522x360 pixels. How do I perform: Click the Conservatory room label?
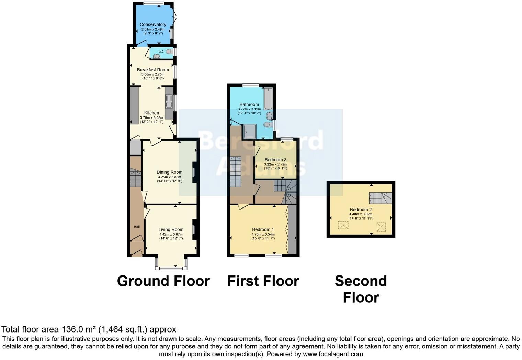coord(153,25)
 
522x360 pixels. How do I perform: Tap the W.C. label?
coord(161,52)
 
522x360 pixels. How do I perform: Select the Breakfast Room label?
coord(153,70)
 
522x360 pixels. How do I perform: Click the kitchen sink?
coord(169,102)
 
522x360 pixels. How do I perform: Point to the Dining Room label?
coord(169,172)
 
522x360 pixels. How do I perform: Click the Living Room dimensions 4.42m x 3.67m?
coord(171,234)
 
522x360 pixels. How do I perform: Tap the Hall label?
coord(137,227)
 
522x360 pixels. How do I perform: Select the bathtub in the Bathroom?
coord(268,99)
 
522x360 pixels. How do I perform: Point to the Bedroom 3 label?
coord(275,160)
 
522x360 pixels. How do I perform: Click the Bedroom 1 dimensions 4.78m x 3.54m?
coord(263,234)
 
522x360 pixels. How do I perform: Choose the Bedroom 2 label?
coord(361,210)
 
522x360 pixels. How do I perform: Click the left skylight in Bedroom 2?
coord(343,225)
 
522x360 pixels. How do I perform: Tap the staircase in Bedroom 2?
coord(380,198)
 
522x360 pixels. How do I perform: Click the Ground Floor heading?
coord(163,281)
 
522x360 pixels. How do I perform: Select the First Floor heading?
coord(263,281)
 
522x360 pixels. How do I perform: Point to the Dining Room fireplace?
coord(194,172)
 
